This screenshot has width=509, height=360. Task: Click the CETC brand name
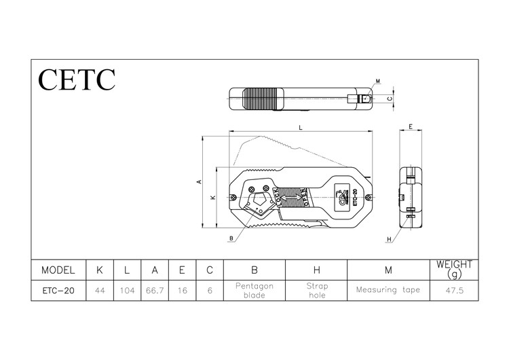(x=77, y=79)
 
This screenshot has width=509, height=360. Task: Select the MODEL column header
(x=58, y=270)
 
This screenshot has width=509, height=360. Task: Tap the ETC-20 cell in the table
(x=58, y=290)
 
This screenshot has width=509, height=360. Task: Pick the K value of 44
(x=100, y=290)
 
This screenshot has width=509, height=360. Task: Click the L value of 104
(x=126, y=290)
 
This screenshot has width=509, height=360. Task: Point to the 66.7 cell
(x=155, y=290)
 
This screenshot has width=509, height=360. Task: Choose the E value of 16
(x=182, y=290)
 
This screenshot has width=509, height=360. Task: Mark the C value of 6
(x=210, y=290)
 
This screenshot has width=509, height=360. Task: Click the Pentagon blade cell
(x=254, y=290)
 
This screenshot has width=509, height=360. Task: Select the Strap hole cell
(x=316, y=290)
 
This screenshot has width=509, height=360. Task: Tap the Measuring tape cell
(x=388, y=290)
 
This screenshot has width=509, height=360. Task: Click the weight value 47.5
(x=454, y=290)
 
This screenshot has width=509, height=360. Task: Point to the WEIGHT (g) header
(x=454, y=269)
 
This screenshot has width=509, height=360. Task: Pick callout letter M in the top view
(x=378, y=82)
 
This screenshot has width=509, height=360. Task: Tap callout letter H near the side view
(x=390, y=240)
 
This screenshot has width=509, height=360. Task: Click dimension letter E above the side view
(x=411, y=127)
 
